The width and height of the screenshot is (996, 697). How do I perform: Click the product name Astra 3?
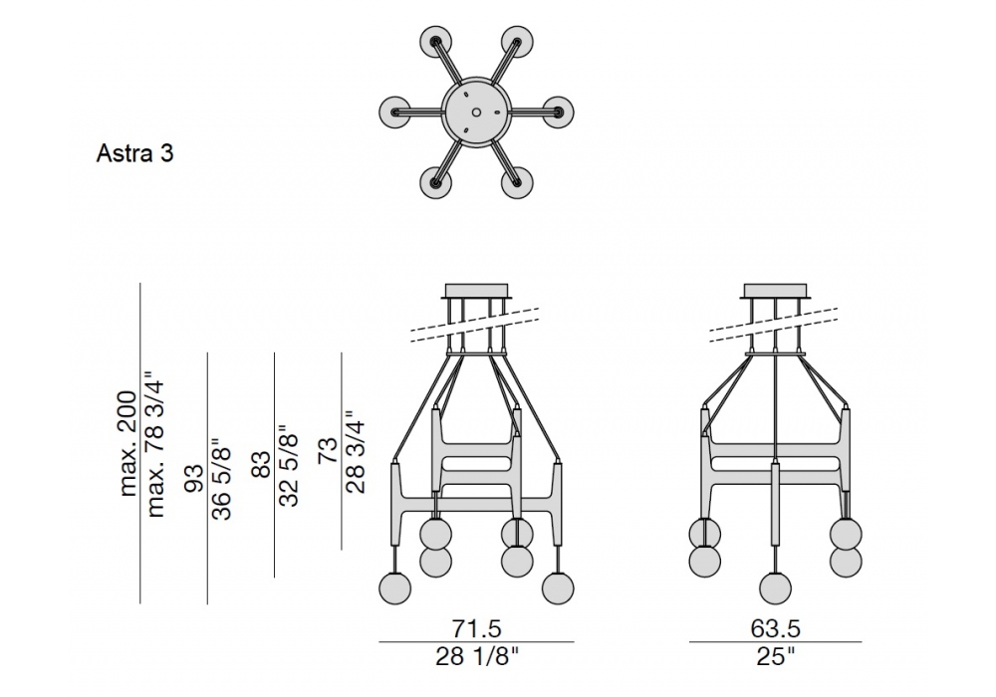point(134,153)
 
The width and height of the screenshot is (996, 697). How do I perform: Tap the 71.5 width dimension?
point(476,628)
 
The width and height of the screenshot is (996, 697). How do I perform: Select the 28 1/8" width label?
point(477,656)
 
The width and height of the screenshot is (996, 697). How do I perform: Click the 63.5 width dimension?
point(776,628)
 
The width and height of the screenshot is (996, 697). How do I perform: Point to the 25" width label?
point(776,656)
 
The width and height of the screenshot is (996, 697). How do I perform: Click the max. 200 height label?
point(128,443)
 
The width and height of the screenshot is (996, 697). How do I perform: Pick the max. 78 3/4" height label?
point(155,448)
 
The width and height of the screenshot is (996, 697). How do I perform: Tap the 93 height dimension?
point(195,478)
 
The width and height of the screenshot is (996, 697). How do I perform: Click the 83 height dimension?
point(262,465)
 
